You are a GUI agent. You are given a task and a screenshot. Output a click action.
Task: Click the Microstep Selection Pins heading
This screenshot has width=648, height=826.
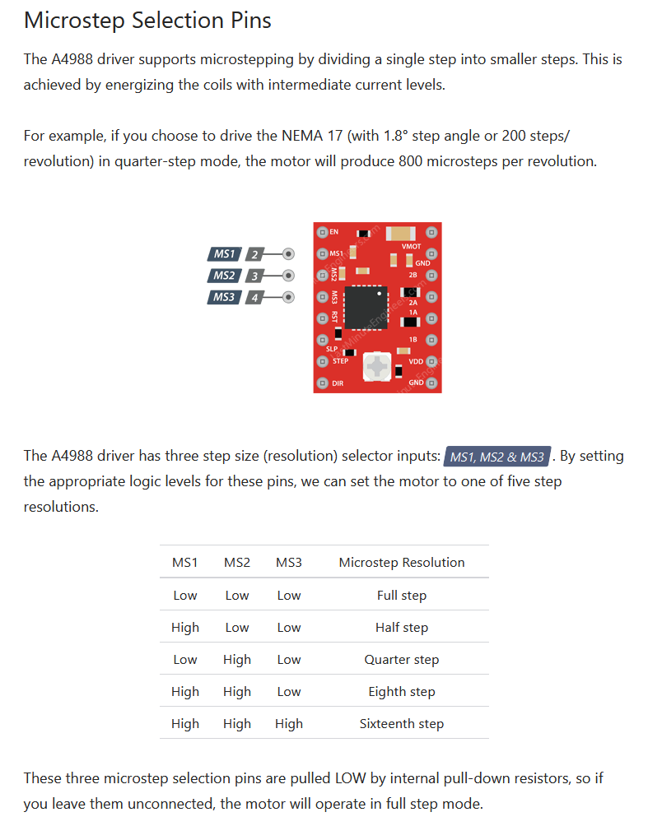coord(147,21)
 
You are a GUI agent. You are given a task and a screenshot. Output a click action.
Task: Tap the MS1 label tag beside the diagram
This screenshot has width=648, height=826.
coord(225,254)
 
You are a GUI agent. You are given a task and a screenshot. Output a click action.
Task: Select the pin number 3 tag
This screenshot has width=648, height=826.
coord(254,276)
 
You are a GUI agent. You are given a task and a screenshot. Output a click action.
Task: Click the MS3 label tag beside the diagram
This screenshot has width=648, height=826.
coord(225,297)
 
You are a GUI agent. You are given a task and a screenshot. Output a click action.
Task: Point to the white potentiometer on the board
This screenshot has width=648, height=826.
coord(377,366)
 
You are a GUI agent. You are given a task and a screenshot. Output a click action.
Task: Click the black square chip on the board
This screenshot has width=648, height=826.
coord(366,307)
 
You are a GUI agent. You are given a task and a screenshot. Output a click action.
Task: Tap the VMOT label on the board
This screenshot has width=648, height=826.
coord(411,246)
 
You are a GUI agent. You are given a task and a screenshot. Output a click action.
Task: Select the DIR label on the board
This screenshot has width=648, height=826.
coord(338,383)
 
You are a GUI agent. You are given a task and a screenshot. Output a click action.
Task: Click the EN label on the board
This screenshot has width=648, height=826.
coord(333,232)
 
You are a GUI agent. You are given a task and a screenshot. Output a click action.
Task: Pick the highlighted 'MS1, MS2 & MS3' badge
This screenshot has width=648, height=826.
coord(497,457)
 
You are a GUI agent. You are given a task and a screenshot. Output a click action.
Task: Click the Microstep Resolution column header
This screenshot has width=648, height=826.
coord(402,563)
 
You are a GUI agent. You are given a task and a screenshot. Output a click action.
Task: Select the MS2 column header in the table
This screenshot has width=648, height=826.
coord(237,563)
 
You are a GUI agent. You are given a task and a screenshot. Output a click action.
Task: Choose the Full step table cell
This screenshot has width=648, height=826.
coord(402,596)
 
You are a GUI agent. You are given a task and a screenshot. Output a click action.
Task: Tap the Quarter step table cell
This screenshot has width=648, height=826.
coord(402,660)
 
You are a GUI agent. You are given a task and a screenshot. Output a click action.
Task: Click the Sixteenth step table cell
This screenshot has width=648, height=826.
coord(402,724)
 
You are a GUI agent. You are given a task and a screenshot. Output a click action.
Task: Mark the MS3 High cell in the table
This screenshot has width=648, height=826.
coord(289,724)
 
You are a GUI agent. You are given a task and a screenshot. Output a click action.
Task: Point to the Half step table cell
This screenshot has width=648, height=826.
coord(402,628)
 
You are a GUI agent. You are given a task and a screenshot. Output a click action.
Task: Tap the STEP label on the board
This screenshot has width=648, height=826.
coord(341,361)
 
